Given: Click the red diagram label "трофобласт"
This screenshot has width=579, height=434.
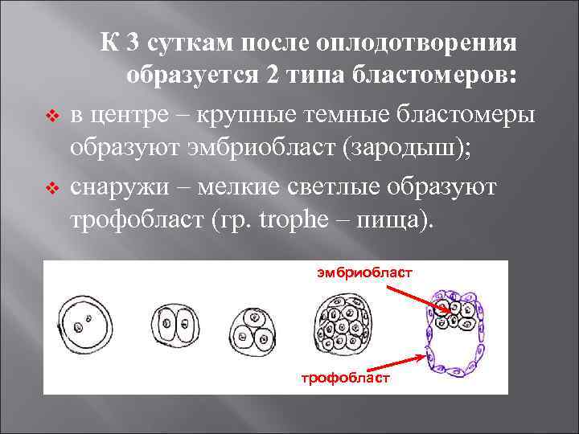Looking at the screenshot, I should point(345,378).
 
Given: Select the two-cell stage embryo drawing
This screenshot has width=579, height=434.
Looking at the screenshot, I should point(175,326).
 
